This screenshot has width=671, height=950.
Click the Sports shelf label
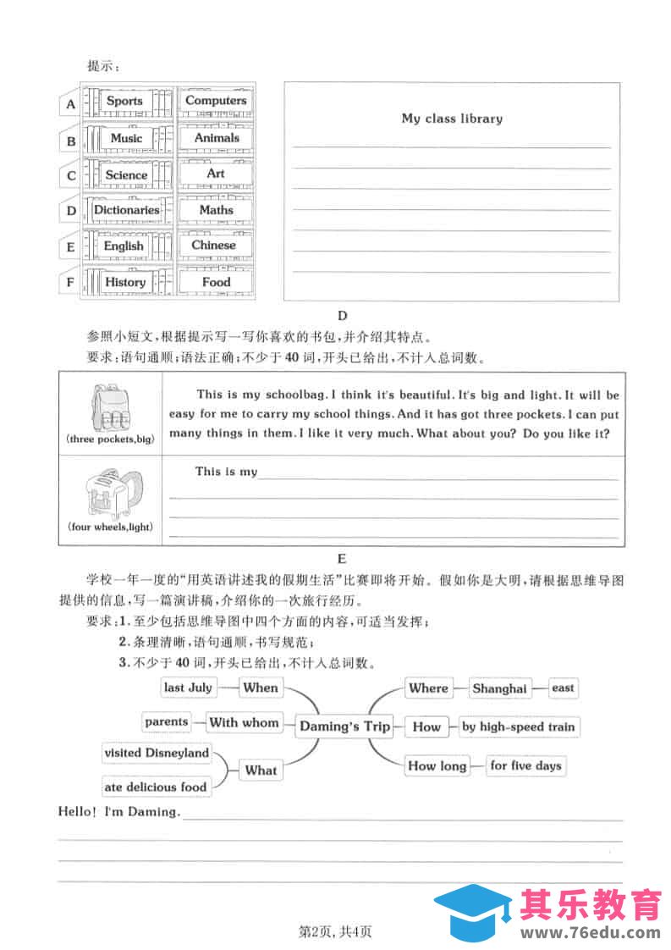coord(124,101)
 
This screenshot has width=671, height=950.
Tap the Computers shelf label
coord(216,101)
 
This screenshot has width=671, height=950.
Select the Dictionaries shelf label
coord(126,210)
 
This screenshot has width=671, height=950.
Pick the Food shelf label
coord(216,282)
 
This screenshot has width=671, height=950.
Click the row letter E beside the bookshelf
coord(71,248)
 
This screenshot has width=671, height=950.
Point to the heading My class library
coord(452,119)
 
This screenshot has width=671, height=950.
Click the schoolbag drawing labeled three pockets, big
coord(110,408)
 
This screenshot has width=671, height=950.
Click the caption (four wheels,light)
coord(110,527)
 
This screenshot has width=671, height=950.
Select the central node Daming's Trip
coord(344,726)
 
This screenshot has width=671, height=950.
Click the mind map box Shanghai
coord(499,688)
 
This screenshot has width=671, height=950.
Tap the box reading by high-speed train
coord(518,726)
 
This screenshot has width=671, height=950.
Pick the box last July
coord(188,688)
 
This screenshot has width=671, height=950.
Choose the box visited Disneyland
coord(157,753)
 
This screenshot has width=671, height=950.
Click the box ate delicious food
coord(156,787)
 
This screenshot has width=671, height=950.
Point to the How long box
coord(437,765)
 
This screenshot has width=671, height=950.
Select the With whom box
coord(244,722)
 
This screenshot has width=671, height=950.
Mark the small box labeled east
coord(563,688)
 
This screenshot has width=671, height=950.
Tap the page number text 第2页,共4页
coord(336,932)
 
